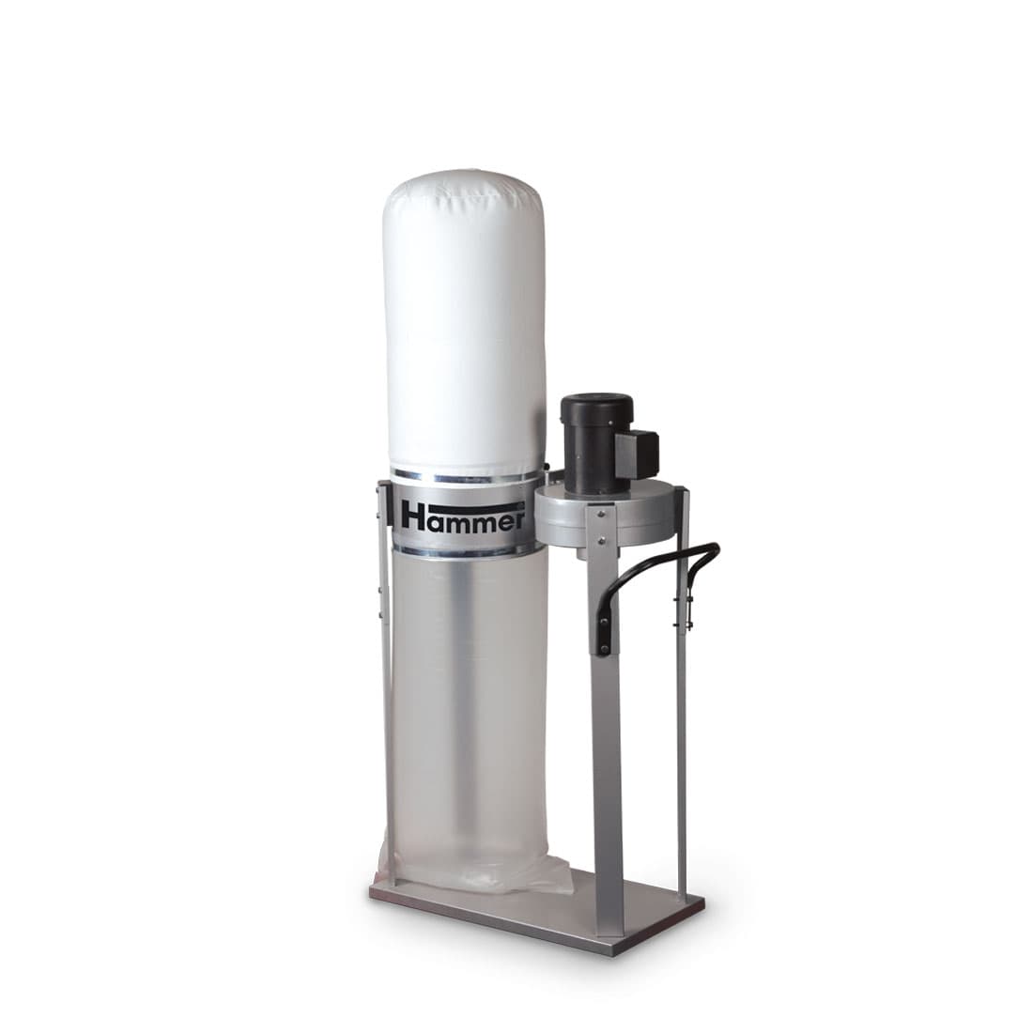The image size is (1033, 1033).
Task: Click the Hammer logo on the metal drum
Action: (x=463, y=516)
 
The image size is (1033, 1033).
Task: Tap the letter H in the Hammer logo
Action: (x=413, y=516)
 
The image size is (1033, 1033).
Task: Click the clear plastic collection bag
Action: (x=469, y=718)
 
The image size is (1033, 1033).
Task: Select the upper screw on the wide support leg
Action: (x=601, y=513)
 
